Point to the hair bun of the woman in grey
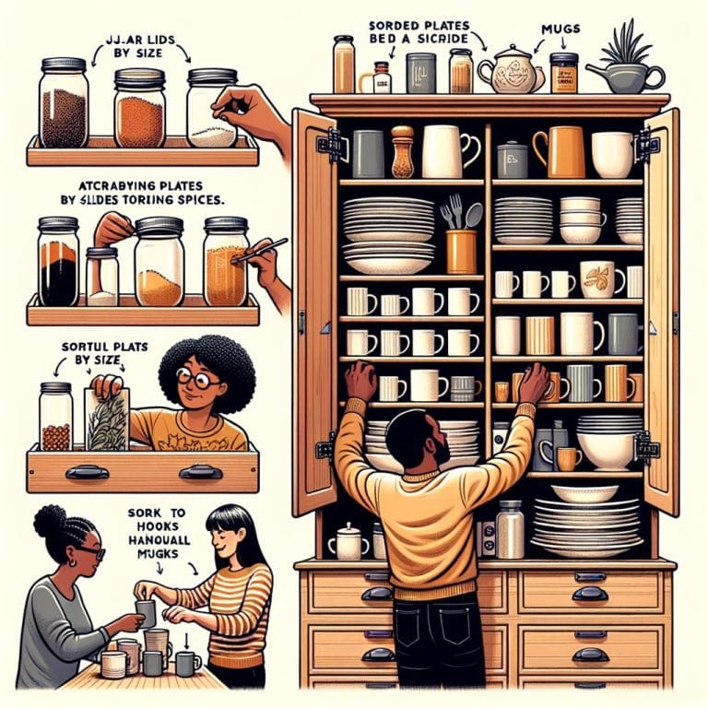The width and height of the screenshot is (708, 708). click(49, 522)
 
